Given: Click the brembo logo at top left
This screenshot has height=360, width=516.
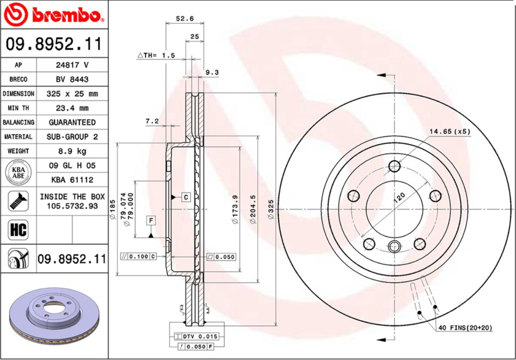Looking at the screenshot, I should pos(53,15).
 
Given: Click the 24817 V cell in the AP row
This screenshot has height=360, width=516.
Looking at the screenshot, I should pos(72,65).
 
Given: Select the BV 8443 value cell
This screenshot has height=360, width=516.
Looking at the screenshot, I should pos(72,79).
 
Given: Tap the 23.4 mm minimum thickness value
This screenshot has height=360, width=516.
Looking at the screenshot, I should pos(72,108).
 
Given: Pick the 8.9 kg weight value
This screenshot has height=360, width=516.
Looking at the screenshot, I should pos(72,151).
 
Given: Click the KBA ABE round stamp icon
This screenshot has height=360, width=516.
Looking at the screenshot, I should pos(18,173).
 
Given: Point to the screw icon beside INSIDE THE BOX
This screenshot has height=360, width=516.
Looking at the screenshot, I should pos(18,201).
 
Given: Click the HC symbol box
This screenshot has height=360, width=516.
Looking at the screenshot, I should pos(18,230).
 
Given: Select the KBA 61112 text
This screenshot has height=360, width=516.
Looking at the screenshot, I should pos(72,180).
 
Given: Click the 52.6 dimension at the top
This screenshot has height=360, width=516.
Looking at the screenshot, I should pos(184,19).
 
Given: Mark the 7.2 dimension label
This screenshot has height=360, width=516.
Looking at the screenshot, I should pos(152,121).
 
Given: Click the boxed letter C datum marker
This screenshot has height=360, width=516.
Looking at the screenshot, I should pos(186,197).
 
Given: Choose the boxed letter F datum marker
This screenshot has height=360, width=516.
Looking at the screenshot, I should pos(152,220).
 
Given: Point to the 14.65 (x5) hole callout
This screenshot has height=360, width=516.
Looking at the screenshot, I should pos(449,132).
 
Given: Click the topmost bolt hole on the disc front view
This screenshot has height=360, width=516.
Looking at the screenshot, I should pos(394,166).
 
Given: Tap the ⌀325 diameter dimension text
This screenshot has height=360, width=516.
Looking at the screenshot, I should pos(270,209).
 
